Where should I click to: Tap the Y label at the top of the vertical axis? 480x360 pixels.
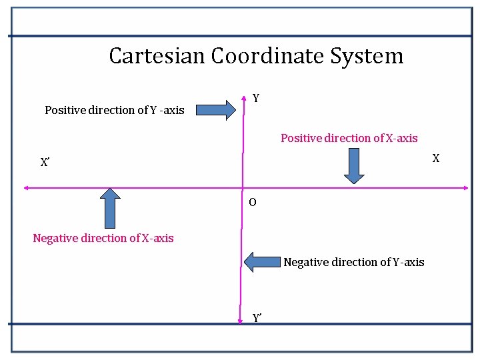256,99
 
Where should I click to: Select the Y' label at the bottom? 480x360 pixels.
257,318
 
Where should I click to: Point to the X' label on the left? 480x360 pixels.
45,162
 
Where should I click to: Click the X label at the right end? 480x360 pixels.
436,158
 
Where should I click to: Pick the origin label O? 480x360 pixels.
252,202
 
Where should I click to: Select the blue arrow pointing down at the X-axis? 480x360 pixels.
354,165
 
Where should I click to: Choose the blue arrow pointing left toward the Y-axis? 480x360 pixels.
262,261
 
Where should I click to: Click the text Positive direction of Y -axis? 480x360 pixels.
115,110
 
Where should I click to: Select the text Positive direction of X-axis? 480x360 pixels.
349,138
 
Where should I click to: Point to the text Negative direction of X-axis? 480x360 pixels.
103,238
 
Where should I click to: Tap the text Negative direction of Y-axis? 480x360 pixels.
353,262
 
